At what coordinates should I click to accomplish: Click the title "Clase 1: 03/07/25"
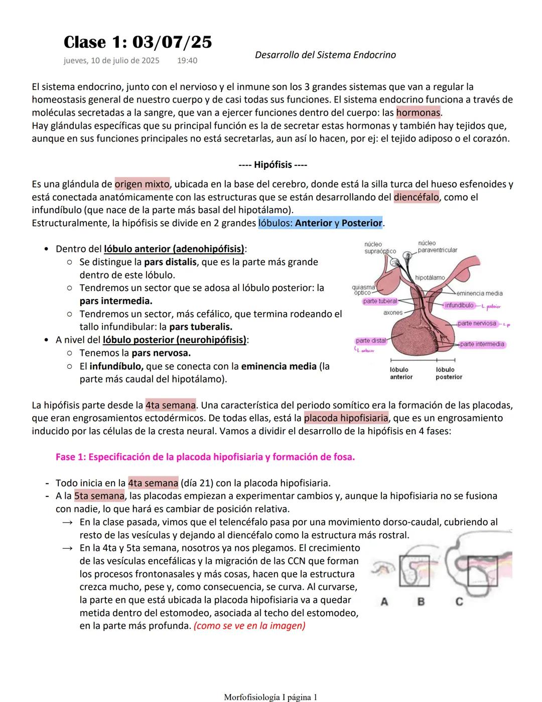pos(138,42)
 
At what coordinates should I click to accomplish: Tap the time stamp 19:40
pos(187,61)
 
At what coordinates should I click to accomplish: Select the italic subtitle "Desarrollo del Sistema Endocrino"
pos(325,55)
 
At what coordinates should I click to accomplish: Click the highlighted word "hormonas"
pos(418,113)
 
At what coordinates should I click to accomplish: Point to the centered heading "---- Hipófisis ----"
pos(273,165)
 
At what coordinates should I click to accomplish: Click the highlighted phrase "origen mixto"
pos(142,184)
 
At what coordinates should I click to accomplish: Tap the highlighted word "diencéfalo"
pos(416,197)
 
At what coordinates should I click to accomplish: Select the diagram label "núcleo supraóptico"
pos(379,248)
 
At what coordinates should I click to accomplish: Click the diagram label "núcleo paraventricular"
pos(437,246)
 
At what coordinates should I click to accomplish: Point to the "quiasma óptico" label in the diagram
pos(363,290)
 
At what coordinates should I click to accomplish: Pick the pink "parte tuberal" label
pos(380,302)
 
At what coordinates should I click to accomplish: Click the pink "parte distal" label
pos(371,341)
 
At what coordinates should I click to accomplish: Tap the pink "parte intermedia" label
pos(482,344)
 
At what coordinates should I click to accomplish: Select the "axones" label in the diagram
pos(392,313)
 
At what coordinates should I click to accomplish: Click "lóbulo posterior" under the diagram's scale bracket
pos(448,373)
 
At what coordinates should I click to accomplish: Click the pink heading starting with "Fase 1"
pos(205,457)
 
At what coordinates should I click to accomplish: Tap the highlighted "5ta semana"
pos(99,496)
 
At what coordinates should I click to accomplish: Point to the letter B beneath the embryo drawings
pos(421,601)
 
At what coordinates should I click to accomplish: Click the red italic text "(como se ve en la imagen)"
pos(249,626)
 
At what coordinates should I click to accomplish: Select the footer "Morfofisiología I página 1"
pos(270,697)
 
